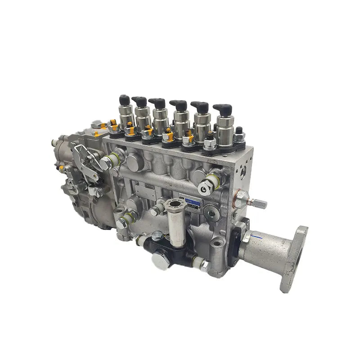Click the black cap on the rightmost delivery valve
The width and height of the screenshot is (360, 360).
223,109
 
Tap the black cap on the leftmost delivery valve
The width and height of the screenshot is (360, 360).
125,99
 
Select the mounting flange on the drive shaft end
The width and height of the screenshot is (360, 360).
293,258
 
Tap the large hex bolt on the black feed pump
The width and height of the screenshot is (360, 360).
159,260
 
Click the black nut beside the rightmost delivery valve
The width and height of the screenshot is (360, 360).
239,131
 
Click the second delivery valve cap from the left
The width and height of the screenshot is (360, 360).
140,102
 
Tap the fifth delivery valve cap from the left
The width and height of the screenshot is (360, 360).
200,107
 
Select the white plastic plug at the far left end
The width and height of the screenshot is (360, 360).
54,143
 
